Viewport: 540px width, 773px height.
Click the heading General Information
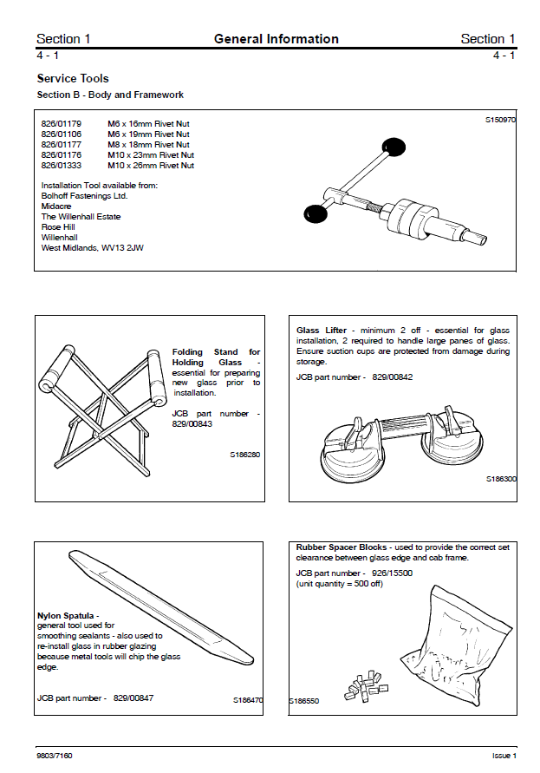[x=276, y=38]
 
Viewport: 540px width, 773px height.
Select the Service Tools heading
[x=73, y=78]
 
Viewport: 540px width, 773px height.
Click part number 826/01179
[x=61, y=124]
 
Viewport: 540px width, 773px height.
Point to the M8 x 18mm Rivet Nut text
[x=148, y=145]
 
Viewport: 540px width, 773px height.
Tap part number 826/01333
[x=61, y=165]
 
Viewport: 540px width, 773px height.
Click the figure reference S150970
[x=500, y=121]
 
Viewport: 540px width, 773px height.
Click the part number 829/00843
[x=192, y=424]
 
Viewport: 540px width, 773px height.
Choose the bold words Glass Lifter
[x=322, y=331]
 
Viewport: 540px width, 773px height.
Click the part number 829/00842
[x=393, y=378]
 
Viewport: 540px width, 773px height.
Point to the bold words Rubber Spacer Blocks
[x=342, y=547]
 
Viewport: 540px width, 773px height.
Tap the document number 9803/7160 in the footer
[x=55, y=756]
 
